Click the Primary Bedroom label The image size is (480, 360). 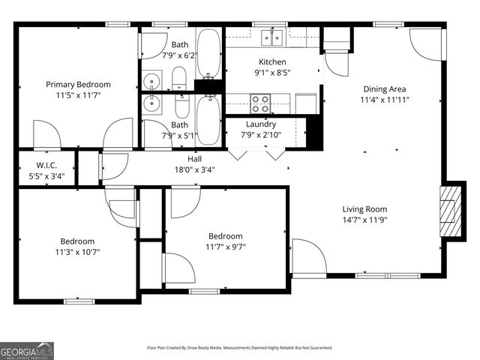(x=78, y=85)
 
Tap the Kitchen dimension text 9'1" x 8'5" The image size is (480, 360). (x=273, y=73)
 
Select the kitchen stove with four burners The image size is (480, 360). (x=259, y=101)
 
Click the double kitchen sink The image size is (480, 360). (x=271, y=37)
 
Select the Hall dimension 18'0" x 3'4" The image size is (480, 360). (x=194, y=169)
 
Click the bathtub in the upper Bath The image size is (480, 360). (x=208, y=54)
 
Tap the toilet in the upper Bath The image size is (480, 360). (x=179, y=77)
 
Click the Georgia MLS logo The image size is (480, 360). (x=27, y=350)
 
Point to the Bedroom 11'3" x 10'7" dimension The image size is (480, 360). (x=77, y=252)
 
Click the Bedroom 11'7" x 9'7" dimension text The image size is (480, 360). (x=226, y=247)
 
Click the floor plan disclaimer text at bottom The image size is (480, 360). (x=239, y=348)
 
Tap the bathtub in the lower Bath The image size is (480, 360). (x=208, y=120)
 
